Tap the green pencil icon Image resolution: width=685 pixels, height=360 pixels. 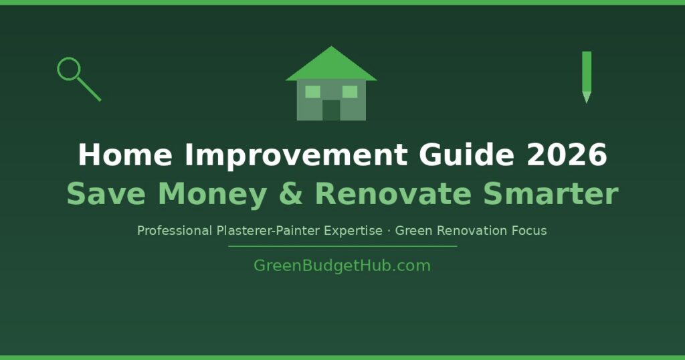587,75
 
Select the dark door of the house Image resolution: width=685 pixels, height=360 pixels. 331,110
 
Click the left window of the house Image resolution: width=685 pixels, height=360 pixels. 313,92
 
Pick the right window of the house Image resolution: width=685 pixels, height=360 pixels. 350,92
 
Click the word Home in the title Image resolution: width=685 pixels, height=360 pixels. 125,156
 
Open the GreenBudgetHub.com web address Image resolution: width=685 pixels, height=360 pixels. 342,266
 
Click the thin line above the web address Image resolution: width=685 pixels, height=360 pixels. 342,246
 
